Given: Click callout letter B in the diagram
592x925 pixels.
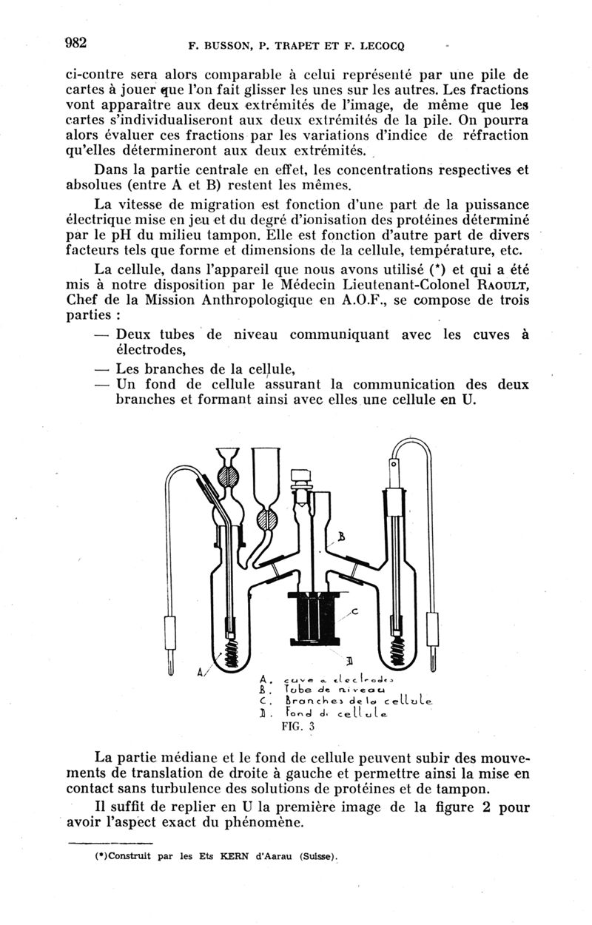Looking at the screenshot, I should (x=343, y=536).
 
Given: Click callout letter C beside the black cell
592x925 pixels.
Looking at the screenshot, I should (x=354, y=610).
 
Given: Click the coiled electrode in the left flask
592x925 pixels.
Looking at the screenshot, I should (x=231, y=646).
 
